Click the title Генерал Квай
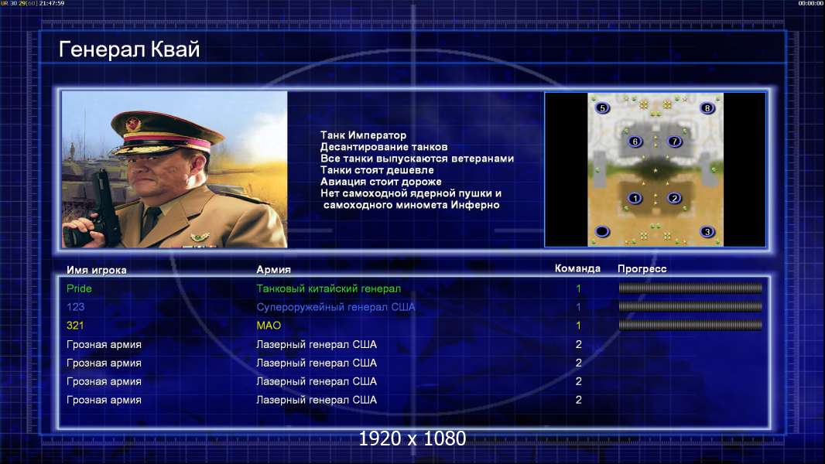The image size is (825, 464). (129, 49)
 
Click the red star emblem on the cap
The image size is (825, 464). (133, 124)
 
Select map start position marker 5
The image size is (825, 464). (602, 108)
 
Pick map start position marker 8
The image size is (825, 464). (707, 108)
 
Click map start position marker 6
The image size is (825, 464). (635, 142)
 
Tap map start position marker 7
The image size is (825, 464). (675, 142)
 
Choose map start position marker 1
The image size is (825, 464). (635, 198)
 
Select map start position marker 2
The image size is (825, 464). (675, 198)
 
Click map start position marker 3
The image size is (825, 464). (707, 232)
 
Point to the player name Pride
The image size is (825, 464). (79, 288)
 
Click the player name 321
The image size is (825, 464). (75, 326)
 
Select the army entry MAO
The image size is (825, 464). (269, 326)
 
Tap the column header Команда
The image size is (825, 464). (577, 268)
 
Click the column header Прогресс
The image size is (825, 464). (642, 268)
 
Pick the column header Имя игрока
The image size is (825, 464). (96, 270)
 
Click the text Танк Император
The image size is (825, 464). (363, 135)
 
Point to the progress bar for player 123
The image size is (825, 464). (690, 306)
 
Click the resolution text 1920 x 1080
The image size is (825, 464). (412, 438)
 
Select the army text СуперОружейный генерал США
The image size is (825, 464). (336, 307)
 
